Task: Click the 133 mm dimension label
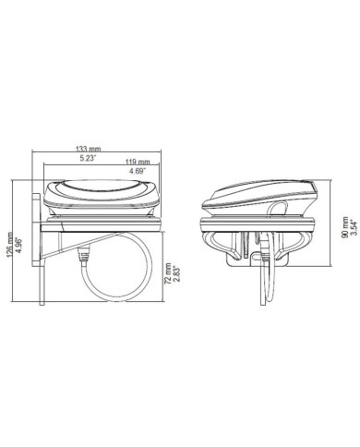click(89, 149)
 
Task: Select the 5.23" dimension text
click(89, 159)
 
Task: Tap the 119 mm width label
click(138, 162)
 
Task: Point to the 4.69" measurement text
click(138, 171)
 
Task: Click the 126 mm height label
click(10, 245)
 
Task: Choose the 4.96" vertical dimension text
click(18, 245)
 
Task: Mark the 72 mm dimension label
click(168, 273)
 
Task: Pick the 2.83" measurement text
click(176, 273)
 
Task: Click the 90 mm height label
click(345, 227)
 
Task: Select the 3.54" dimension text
click(354, 227)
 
